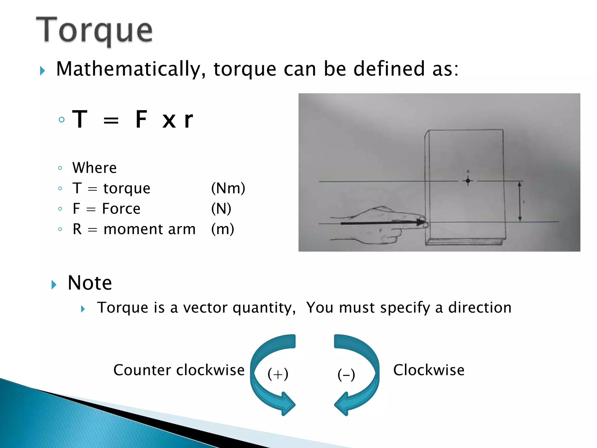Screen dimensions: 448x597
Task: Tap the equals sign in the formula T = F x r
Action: pyautogui.click(x=111, y=120)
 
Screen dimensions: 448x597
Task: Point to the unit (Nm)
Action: pyautogui.click(x=228, y=188)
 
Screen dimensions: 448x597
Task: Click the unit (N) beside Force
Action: pyautogui.click(x=221, y=209)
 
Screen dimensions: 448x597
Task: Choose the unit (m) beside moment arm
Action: pyautogui.click(x=222, y=229)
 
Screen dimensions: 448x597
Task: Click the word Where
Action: pyautogui.click(x=94, y=168)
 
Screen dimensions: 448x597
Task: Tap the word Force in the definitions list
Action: pyautogui.click(x=121, y=209)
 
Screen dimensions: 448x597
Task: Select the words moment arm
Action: pyautogui.click(x=150, y=229)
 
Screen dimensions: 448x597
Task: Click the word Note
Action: pyautogui.click(x=90, y=283)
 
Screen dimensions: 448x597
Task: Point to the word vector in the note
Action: pyautogui.click(x=205, y=308)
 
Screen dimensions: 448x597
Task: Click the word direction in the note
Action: pyautogui.click(x=480, y=308)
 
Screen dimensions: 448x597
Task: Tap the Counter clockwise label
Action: pyautogui.click(x=179, y=370)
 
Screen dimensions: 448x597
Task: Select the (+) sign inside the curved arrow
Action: pyautogui.click(x=278, y=374)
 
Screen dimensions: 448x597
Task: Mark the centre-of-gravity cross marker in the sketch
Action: pyautogui.click(x=468, y=181)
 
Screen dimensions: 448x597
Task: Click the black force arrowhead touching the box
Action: pyautogui.click(x=421, y=222)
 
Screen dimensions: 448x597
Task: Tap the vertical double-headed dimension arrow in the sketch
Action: pyautogui.click(x=519, y=202)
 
